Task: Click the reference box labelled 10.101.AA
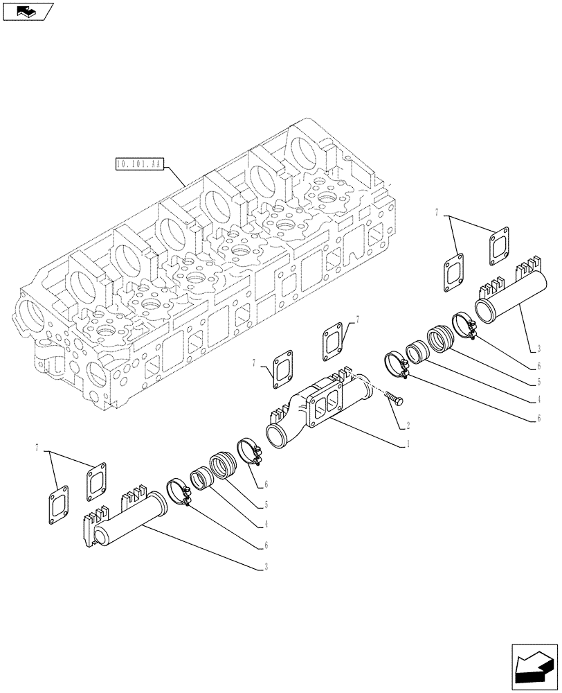tap(139, 164)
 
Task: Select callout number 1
tap(408, 443)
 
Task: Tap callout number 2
tap(408, 425)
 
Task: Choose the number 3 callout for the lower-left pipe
tap(266, 566)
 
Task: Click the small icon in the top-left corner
tap(28, 11)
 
